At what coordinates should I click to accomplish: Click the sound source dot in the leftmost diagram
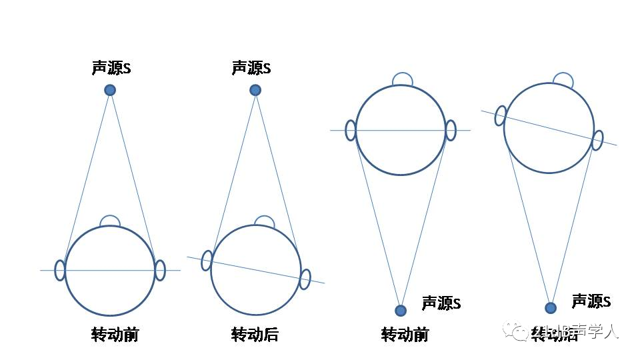click(x=110, y=90)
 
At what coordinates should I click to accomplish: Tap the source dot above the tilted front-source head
click(x=255, y=90)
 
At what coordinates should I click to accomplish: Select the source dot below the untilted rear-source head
click(x=401, y=310)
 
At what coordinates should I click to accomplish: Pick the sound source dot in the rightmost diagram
click(x=551, y=307)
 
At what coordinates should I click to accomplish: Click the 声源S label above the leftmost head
click(x=111, y=68)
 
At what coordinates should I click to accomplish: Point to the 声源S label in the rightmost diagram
click(x=591, y=301)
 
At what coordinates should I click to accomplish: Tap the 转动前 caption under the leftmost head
click(x=115, y=334)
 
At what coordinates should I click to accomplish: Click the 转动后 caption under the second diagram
click(x=255, y=334)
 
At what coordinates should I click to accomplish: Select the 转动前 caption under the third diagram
click(x=405, y=334)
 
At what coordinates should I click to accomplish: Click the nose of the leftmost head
click(x=109, y=221)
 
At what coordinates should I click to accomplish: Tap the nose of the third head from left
click(x=402, y=79)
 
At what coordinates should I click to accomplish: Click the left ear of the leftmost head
click(x=60, y=270)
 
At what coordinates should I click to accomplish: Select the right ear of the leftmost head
click(x=160, y=270)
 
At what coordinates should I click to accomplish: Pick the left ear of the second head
click(x=207, y=260)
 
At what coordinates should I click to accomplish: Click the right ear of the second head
click(x=305, y=279)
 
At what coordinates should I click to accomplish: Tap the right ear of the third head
click(x=451, y=130)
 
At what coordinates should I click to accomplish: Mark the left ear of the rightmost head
click(x=500, y=115)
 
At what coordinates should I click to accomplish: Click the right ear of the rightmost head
click(x=598, y=140)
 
